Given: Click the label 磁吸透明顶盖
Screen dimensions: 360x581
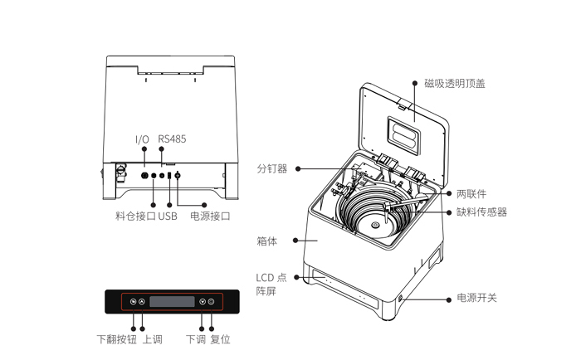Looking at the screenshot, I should (454, 83).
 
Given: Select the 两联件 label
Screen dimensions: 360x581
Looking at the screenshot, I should (471, 193).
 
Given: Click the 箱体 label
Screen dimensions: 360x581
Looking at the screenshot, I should (266, 241).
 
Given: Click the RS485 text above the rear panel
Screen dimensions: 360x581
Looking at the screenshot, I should (172, 139).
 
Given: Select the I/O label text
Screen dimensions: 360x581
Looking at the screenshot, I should (143, 139).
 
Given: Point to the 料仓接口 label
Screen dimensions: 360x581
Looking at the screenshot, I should (135, 216).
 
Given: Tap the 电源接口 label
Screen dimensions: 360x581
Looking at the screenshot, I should (210, 216).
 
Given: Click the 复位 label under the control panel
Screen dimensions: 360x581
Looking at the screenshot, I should (220, 339).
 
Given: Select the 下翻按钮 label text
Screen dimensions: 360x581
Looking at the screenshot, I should (117, 339).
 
